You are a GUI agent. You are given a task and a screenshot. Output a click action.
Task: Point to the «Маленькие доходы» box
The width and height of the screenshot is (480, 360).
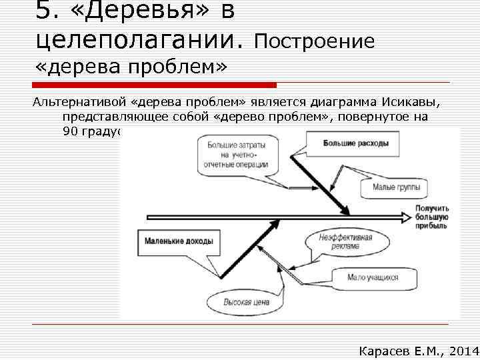179,241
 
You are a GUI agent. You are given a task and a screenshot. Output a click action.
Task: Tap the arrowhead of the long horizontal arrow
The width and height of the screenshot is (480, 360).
404,217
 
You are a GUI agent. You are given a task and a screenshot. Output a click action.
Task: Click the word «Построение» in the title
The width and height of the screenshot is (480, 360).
315,41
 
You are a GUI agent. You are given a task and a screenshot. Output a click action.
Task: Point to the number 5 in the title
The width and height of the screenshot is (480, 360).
43,11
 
